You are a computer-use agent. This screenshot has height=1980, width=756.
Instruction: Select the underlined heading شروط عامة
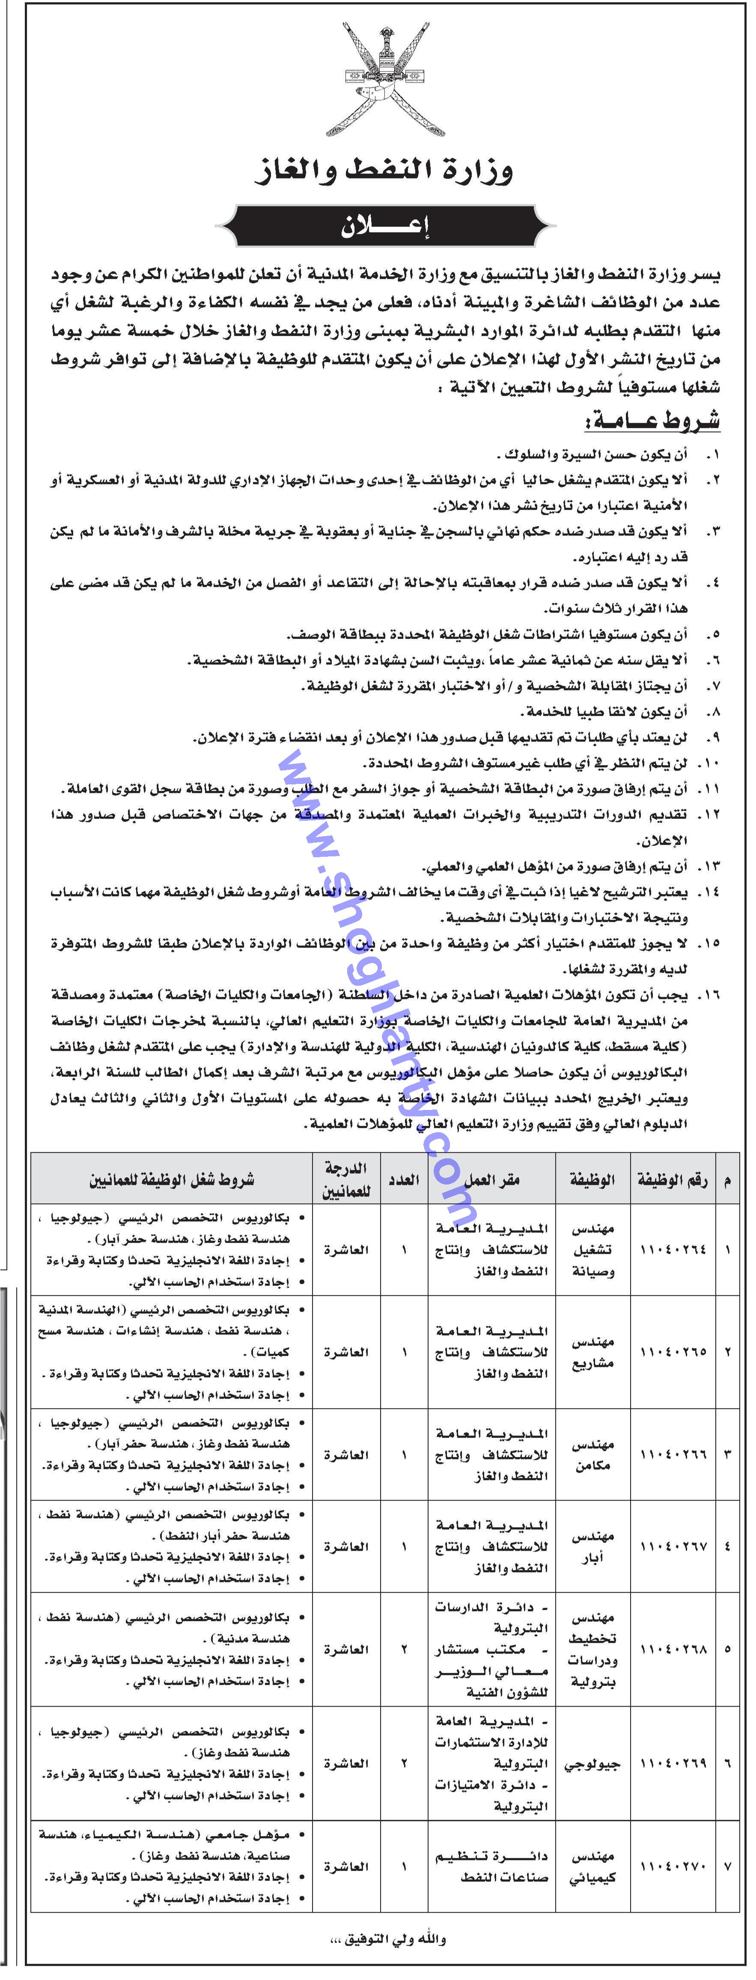pyautogui.click(x=653, y=421)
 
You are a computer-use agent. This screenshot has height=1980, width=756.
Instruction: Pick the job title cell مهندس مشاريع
pyautogui.click(x=591, y=1351)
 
